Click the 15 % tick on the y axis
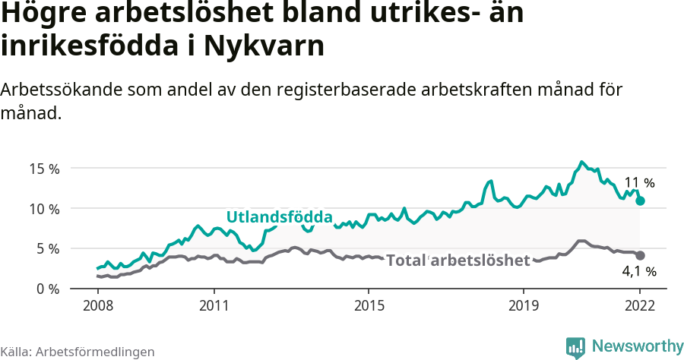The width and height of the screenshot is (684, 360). [43, 169]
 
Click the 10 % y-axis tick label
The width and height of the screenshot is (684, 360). [43, 209]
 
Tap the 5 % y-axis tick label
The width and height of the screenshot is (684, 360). [47, 248]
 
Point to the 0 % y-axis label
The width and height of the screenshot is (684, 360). [47, 289]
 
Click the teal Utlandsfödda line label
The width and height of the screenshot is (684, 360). [280, 218]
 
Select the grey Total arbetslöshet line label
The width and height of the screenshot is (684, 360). [458, 261]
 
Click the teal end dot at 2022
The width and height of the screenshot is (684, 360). [640, 201]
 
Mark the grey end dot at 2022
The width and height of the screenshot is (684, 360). [640, 255]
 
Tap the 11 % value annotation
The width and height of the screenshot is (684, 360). [639, 183]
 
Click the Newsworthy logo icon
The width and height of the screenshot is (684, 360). [575, 347]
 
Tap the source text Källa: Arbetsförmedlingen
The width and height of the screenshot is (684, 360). [78, 352]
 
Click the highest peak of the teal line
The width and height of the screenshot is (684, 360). [581, 162]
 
